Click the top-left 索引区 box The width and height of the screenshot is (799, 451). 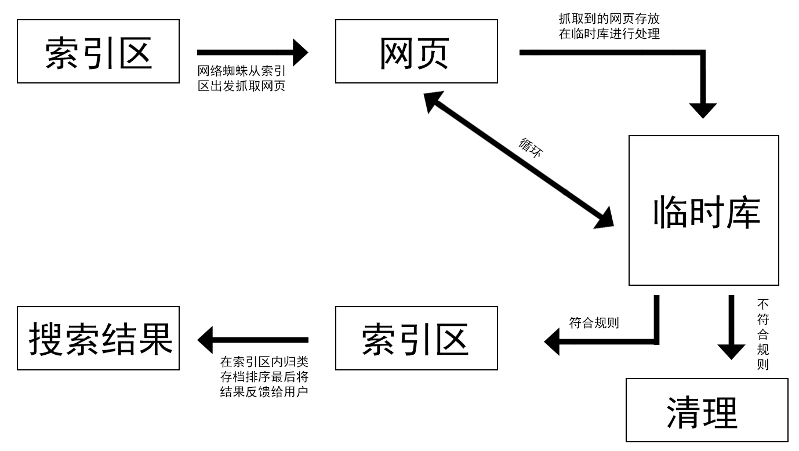pos(98,52)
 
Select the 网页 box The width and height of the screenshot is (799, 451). pos(416,52)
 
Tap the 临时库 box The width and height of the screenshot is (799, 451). pos(703,210)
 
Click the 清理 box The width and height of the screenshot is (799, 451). pos(707,410)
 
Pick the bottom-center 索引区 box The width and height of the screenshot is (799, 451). pos(416,339)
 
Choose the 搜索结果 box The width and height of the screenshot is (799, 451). pos(98,339)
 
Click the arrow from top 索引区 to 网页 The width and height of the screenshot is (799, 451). pos(252,52)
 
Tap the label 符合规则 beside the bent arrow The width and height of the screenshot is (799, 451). pos(594,323)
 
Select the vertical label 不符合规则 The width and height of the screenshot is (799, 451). pos(762,334)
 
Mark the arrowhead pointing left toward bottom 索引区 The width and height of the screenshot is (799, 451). pos(552,341)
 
